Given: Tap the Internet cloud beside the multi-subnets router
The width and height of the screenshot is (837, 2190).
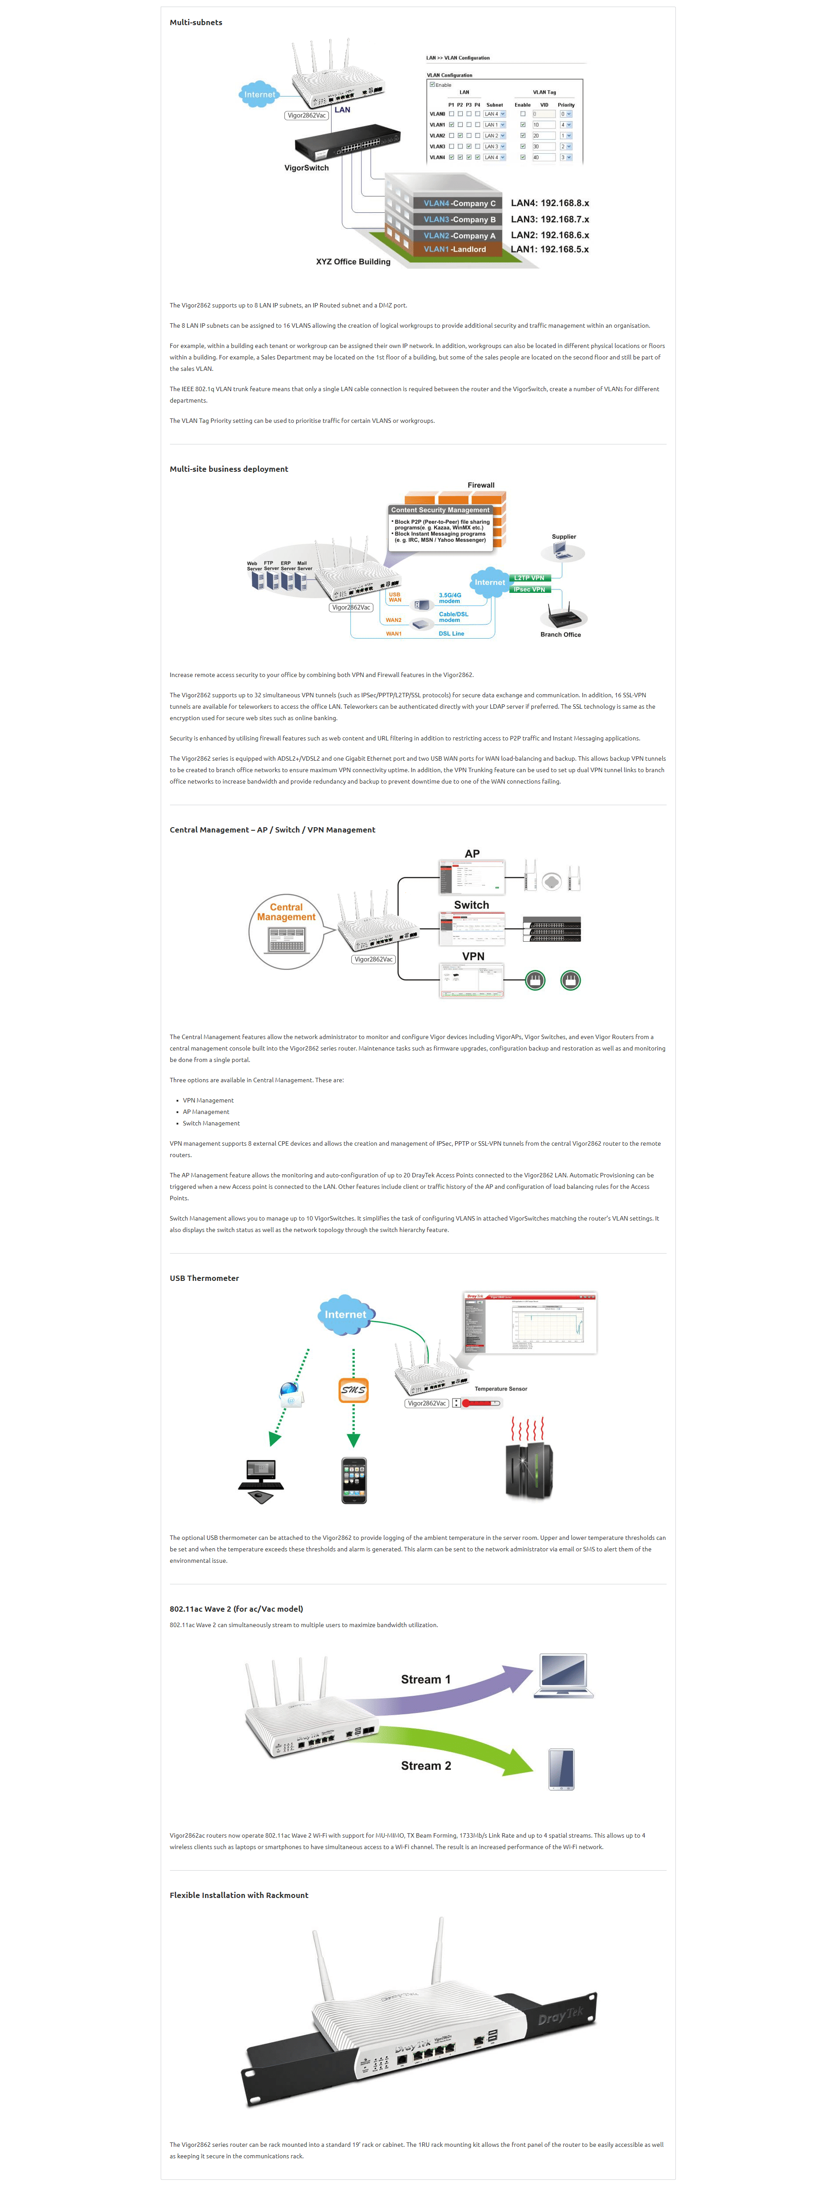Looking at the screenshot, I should coord(259,94).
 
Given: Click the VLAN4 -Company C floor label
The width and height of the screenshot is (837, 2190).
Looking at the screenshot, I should coord(459,203).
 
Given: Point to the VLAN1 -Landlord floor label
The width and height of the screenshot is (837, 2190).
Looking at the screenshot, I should coord(455,249).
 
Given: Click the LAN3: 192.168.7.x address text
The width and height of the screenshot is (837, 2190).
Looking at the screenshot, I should coord(549,219).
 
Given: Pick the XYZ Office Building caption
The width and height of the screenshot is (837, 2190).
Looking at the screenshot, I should coord(353,262).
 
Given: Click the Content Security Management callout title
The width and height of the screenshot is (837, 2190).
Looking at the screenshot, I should coord(440,510).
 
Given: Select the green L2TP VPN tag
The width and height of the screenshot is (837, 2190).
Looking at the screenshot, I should coord(528,578).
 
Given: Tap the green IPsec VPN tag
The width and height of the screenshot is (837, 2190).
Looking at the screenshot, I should coord(528,589).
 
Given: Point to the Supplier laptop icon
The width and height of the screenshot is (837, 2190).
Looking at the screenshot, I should coord(562,551).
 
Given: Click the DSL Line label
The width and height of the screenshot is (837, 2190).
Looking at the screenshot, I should coord(451,633).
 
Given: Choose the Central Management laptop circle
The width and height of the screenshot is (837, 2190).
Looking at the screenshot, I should coord(286,932).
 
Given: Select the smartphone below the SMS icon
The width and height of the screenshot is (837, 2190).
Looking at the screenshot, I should coord(354,1480).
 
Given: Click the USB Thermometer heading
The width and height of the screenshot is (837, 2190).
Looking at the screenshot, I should coord(204,1278).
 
